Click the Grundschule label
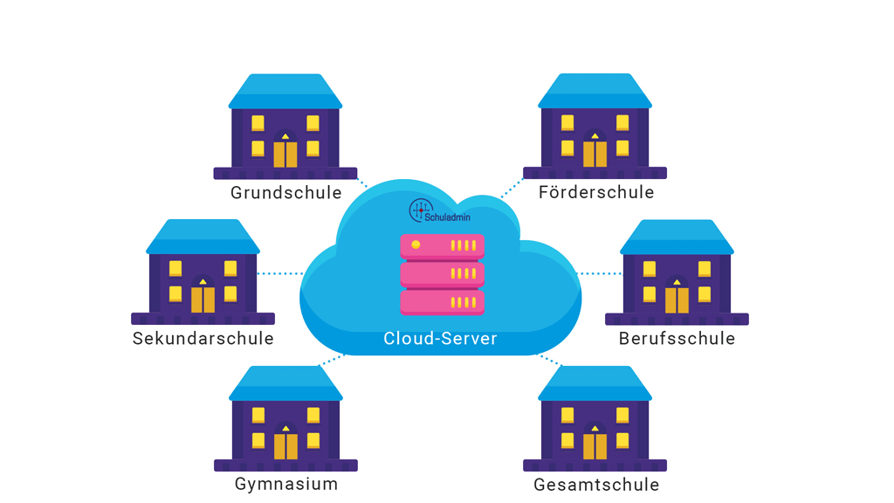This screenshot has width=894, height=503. pos(285,193)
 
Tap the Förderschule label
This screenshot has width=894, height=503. pos(596,193)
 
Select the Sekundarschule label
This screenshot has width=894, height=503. pos(203,339)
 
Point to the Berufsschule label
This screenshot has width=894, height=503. pos(677,339)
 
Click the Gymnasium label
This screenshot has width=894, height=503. pos(285,484)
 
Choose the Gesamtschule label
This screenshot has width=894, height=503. pos(596,484)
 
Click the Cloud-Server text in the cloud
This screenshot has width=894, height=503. pos(440,339)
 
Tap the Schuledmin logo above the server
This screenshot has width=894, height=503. pos(439,210)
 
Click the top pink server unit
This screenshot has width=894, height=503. pos(442,246)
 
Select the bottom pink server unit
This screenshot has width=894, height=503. pos(442,302)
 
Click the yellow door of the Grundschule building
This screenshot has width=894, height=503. pos(285,155)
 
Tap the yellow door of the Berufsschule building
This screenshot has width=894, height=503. pos(677,300)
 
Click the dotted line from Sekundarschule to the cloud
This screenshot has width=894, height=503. pos(280,273)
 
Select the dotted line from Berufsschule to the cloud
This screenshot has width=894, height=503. pos(601,273)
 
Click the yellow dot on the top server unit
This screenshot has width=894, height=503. pos(416,245)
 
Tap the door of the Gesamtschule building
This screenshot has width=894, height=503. pos(595,445)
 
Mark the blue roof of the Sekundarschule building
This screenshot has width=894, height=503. pos(203,237)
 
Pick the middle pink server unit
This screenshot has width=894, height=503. pos(442,274)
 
